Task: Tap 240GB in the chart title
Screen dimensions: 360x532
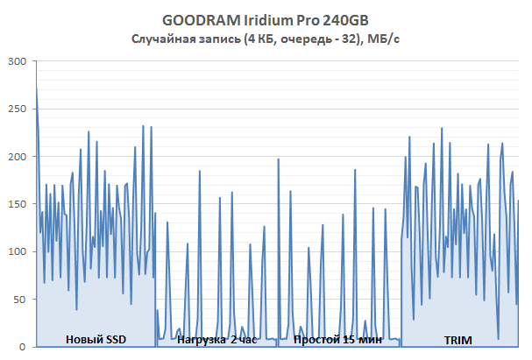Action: (x=342, y=21)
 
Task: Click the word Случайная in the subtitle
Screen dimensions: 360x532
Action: (x=161, y=39)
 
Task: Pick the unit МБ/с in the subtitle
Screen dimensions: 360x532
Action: (x=385, y=39)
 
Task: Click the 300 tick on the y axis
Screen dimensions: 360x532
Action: (x=16, y=61)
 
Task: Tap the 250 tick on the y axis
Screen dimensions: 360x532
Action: (x=16, y=109)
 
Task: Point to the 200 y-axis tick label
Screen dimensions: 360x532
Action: (x=16, y=156)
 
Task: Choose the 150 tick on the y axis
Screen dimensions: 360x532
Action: (x=16, y=204)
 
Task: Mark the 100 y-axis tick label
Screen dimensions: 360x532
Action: (x=16, y=251)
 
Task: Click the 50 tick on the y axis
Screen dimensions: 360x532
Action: (x=19, y=299)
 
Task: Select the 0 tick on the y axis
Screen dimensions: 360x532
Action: (x=23, y=346)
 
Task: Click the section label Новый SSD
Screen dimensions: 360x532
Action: (x=96, y=339)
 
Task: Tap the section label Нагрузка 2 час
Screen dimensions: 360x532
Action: (x=216, y=339)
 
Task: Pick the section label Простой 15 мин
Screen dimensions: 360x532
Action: (x=337, y=339)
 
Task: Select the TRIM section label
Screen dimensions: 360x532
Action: (x=457, y=339)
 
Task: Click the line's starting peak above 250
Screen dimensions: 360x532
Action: (x=36, y=87)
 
